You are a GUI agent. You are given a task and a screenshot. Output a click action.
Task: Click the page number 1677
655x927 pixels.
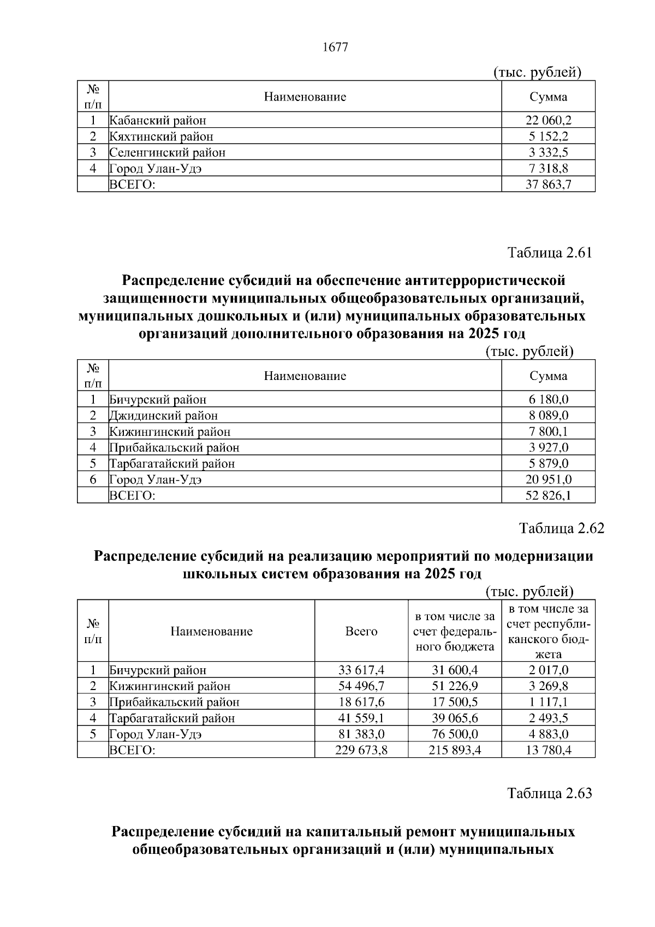click(x=335, y=47)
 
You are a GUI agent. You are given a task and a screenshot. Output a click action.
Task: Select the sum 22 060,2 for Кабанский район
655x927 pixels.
click(x=548, y=120)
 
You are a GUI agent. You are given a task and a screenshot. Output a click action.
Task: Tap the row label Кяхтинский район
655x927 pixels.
click(x=162, y=136)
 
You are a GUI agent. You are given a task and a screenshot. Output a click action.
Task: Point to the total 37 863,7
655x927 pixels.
click(x=548, y=185)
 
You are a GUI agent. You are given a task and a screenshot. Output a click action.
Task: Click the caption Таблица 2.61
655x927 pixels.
click(x=549, y=253)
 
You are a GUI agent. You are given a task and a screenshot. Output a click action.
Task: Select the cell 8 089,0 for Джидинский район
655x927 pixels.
click(x=548, y=415)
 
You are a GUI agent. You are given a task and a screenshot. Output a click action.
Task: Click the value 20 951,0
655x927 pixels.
click(x=548, y=479)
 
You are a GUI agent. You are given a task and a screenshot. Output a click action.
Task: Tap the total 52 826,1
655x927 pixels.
click(x=548, y=495)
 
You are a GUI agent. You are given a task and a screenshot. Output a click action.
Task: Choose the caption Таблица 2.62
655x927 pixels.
click(x=562, y=528)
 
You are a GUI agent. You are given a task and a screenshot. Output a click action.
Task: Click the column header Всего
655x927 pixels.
click(x=361, y=631)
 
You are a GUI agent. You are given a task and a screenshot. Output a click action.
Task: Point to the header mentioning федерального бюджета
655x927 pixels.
click(x=454, y=632)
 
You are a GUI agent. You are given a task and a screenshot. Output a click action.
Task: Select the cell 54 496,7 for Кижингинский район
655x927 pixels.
click(x=361, y=686)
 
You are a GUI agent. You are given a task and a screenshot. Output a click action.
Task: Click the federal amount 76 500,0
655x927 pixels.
click(x=454, y=734)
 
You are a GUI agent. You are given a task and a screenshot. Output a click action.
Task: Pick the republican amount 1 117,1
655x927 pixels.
click(x=548, y=702)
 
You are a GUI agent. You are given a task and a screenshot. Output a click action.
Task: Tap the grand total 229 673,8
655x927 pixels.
click(x=361, y=750)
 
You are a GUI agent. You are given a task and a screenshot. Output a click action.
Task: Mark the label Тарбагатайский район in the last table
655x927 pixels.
click(x=172, y=718)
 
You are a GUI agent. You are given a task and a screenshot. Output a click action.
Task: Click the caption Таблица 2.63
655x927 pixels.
click(x=549, y=793)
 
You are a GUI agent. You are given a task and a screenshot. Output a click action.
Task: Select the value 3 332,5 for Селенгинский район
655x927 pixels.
click(x=548, y=152)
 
